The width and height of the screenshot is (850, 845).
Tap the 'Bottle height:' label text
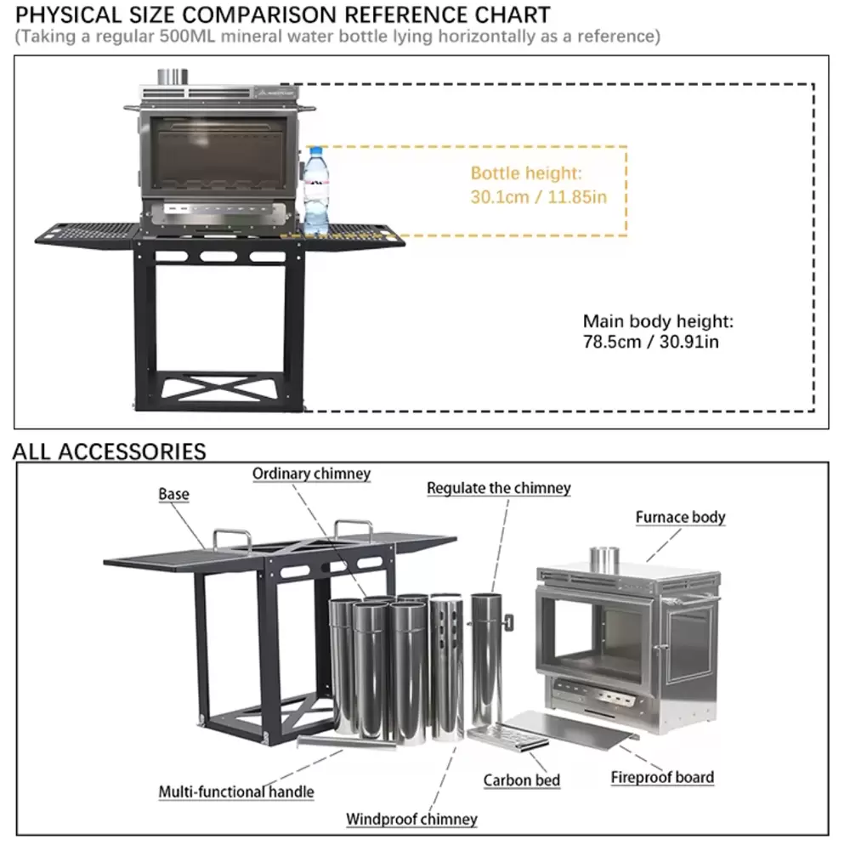(x=526, y=173)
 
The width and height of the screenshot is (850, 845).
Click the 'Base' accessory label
(x=173, y=494)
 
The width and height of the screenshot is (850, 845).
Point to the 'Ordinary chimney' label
(x=311, y=474)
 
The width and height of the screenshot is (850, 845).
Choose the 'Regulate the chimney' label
(x=498, y=488)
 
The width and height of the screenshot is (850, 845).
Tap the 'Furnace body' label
(x=680, y=517)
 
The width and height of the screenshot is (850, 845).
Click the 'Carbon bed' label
(x=522, y=780)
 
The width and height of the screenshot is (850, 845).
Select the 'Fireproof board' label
(x=662, y=776)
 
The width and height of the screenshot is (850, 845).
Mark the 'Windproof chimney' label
(x=411, y=819)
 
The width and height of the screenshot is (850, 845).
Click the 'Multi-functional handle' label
(x=236, y=791)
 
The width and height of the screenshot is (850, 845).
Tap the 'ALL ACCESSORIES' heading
(x=109, y=451)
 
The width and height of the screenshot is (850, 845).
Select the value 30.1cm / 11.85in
(x=538, y=197)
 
